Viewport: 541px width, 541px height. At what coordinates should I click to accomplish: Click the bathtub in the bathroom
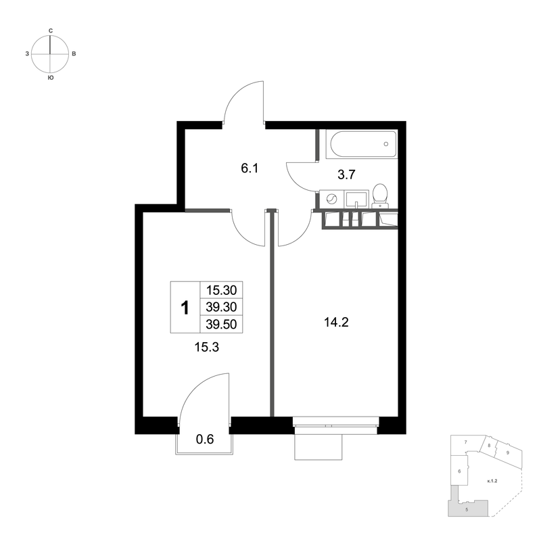362,144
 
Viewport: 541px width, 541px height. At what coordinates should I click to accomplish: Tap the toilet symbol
380,195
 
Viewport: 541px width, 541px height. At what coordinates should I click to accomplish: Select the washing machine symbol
332,199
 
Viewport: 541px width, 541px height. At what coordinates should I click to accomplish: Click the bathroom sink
357,199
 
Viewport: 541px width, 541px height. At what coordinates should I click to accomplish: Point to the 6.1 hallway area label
250,168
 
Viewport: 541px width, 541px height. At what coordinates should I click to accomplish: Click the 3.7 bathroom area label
346,175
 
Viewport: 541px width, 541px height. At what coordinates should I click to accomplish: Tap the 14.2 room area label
336,323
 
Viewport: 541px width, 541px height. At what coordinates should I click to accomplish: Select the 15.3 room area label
207,347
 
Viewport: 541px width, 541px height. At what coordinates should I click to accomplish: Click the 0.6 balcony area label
205,439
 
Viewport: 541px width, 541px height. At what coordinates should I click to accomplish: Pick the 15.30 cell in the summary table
221,290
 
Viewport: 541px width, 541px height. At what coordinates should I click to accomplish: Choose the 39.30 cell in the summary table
221,307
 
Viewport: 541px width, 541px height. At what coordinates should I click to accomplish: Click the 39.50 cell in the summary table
221,324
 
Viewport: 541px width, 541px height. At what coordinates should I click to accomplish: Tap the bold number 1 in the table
185,308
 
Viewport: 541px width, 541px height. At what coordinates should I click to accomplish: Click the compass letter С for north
50,31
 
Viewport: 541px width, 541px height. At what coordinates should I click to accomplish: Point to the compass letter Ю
50,78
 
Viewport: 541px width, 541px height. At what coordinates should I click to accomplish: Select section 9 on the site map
508,452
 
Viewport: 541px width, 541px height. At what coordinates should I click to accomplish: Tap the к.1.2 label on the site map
492,480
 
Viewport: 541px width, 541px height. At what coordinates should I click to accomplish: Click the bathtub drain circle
386,144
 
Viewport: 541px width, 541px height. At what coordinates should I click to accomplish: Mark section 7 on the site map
465,442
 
